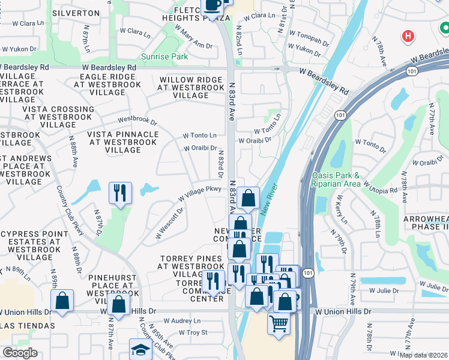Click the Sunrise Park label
pos(164,57)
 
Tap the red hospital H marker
pos(409,36)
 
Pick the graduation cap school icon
pos(140,349)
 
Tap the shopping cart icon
pos(279,323)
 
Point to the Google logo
pos(20,353)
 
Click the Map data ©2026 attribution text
pos(423,355)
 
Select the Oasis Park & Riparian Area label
pos(336,179)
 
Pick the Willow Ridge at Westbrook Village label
pos(191,88)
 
